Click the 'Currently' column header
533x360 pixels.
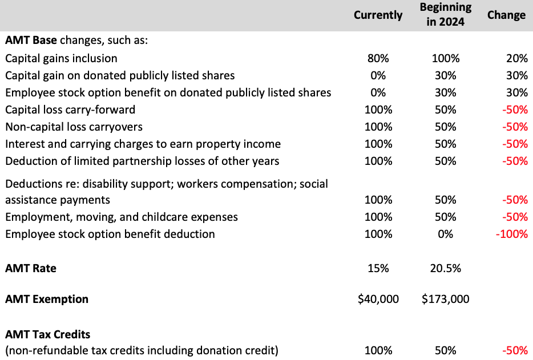coord(378,15)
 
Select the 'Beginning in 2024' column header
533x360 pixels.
coord(445,15)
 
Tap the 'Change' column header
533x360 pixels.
coord(506,15)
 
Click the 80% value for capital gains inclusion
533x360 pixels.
coord(378,58)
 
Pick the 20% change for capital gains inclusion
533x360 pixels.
coord(516,58)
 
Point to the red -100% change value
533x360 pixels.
coord(512,234)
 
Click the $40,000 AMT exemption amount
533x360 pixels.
coord(378,299)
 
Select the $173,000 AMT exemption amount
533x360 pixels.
coord(445,299)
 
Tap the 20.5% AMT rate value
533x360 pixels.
coord(445,268)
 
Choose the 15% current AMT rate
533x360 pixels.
coord(378,268)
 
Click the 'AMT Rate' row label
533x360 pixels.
coord(31,268)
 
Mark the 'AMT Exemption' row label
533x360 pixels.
coord(47,299)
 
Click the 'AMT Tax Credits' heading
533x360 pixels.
coord(48,334)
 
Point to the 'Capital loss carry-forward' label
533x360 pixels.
coord(70,110)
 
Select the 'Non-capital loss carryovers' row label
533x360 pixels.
coord(74,127)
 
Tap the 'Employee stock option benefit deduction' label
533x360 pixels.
coord(110,234)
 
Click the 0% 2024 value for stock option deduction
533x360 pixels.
coord(445,234)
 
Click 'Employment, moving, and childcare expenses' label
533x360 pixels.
coord(122,217)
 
